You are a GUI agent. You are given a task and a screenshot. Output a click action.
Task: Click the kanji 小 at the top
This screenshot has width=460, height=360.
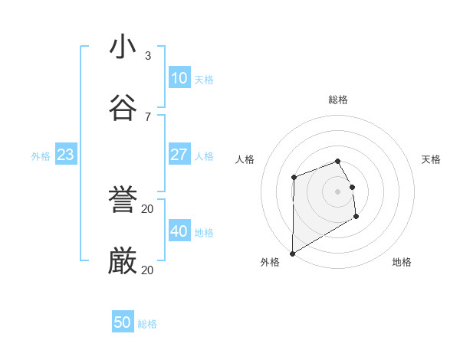point(123,47)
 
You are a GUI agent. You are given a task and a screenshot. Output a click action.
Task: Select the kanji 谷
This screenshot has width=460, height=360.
point(123,108)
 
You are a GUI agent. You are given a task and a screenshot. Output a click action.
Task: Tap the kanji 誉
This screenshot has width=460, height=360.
point(123,200)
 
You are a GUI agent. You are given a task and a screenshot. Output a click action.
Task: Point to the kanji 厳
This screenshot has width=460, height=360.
point(123,261)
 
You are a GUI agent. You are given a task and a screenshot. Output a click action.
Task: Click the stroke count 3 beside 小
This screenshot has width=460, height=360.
point(148,55)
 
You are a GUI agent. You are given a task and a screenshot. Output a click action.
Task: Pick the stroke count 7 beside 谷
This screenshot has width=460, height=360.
point(148,116)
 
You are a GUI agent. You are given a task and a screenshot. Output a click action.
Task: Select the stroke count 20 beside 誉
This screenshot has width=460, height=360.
point(148,208)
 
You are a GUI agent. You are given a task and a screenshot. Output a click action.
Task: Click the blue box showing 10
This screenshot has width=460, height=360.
point(179,78)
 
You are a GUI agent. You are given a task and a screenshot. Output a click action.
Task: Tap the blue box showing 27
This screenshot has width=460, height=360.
point(179,155)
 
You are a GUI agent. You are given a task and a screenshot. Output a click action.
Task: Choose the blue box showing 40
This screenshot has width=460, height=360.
point(179,231)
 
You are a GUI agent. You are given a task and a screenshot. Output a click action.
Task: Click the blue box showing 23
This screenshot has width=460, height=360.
point(65,155)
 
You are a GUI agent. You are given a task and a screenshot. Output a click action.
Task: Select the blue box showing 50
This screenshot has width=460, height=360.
point(122,322)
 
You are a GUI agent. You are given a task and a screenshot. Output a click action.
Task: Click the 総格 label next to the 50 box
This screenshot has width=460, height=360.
point(147,324)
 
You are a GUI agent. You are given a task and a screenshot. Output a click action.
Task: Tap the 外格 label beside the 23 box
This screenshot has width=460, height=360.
point(41,156)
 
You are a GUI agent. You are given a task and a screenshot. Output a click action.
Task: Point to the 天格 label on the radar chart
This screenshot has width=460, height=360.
point(431,159)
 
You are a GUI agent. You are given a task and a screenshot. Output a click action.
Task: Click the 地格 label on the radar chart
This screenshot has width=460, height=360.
point(402,262)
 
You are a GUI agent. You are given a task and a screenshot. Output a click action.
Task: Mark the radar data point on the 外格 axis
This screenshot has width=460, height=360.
point(292,254)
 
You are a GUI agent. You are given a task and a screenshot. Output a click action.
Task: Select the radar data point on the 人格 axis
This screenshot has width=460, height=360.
point(294,178)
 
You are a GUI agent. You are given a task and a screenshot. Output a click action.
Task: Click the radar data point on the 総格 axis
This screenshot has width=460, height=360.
point(337,161)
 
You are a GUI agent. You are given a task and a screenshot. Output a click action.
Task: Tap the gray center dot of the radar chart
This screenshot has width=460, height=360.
point(337,191)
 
